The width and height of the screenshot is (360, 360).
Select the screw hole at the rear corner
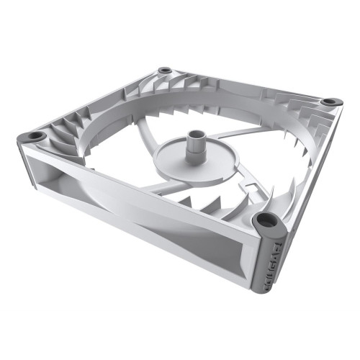(165, 70)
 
